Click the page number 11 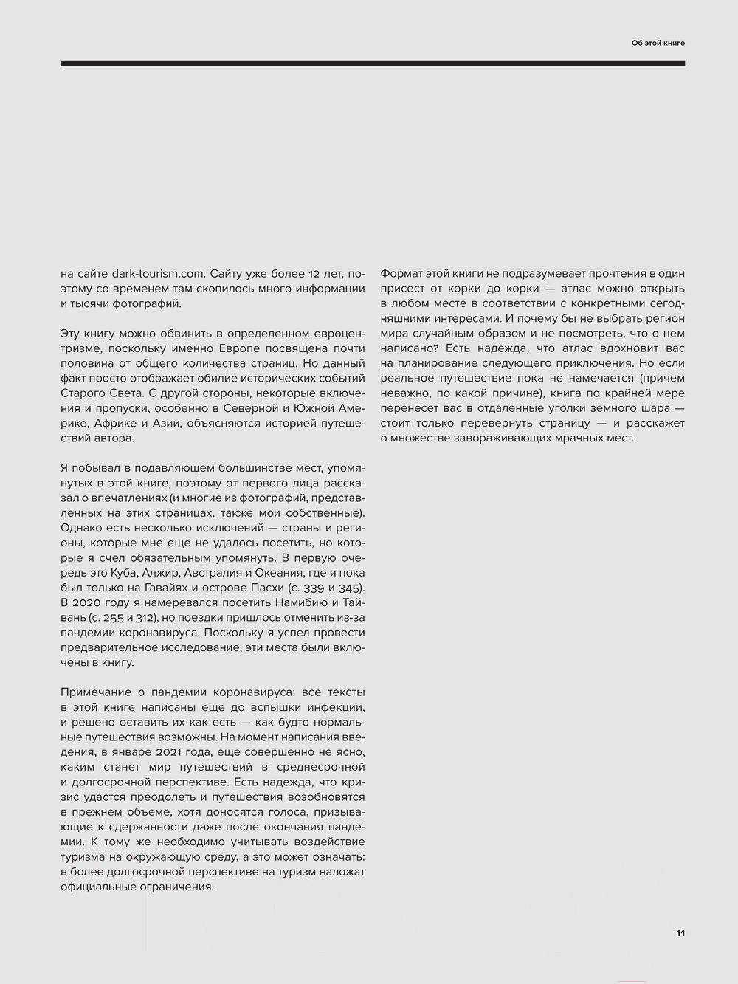pos(680,933)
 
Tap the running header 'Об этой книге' pos(658,43)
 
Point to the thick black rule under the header pos(373,63)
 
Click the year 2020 pos(88,603)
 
